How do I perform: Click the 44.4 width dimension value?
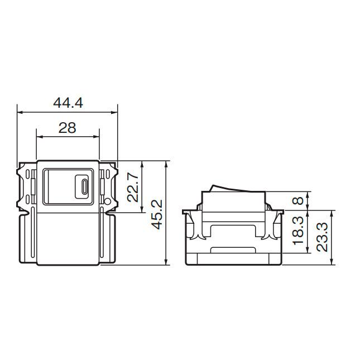click(x=68, y=103)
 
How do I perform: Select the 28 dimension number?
click(x=68, y=128)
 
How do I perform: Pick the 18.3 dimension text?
click(x=299, y=231)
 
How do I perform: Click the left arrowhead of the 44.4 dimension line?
click(x=20, y=113)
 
